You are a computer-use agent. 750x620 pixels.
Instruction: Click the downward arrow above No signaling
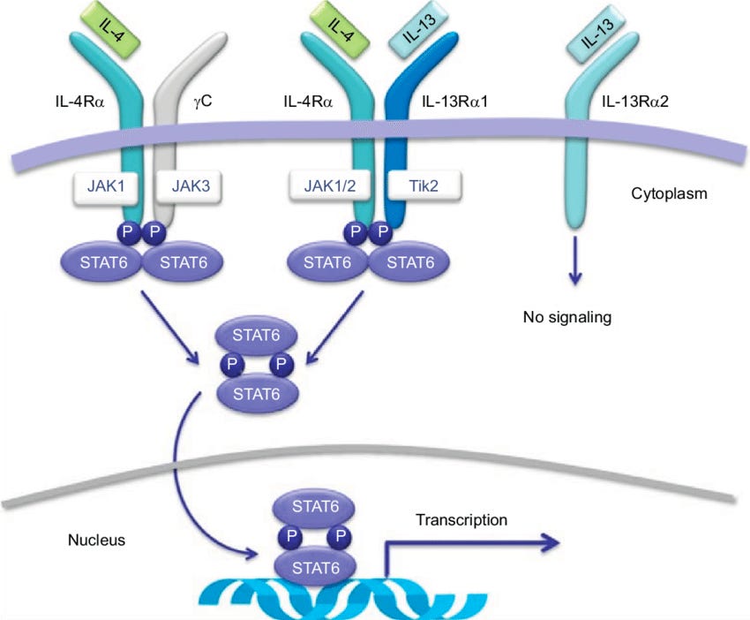[x=574, y=261]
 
